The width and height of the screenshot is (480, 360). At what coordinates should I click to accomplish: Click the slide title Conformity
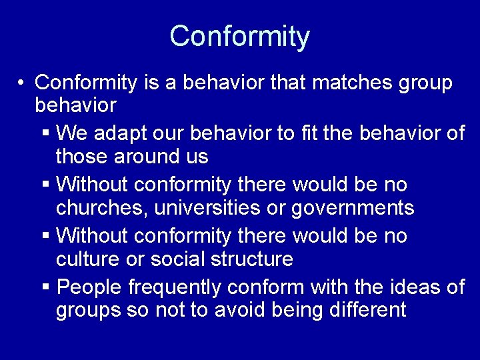[239, 36]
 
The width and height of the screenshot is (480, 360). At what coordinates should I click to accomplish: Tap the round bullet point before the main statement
[22, 83]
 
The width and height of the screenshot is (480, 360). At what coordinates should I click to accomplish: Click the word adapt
[117, 133]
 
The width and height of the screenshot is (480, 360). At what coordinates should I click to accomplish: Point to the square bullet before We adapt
[45, 134]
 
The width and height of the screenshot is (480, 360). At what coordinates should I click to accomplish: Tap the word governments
[353, 208]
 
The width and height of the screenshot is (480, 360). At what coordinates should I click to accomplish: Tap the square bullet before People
[45, 287]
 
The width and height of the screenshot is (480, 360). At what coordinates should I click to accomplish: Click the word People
[89, 287]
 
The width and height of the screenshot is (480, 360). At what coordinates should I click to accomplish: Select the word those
[81, 157]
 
